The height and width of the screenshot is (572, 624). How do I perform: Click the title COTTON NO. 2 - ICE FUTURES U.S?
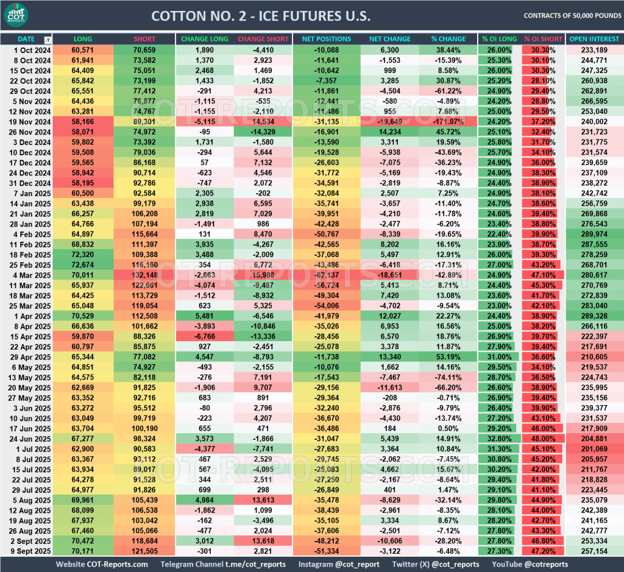260,16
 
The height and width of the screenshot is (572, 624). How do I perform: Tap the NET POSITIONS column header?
326,39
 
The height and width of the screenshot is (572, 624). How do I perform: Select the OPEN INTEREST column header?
594,39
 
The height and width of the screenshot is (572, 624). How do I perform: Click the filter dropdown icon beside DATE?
48,40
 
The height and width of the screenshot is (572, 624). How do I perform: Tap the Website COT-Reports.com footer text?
102,564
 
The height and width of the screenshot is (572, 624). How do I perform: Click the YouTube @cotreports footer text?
530,564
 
